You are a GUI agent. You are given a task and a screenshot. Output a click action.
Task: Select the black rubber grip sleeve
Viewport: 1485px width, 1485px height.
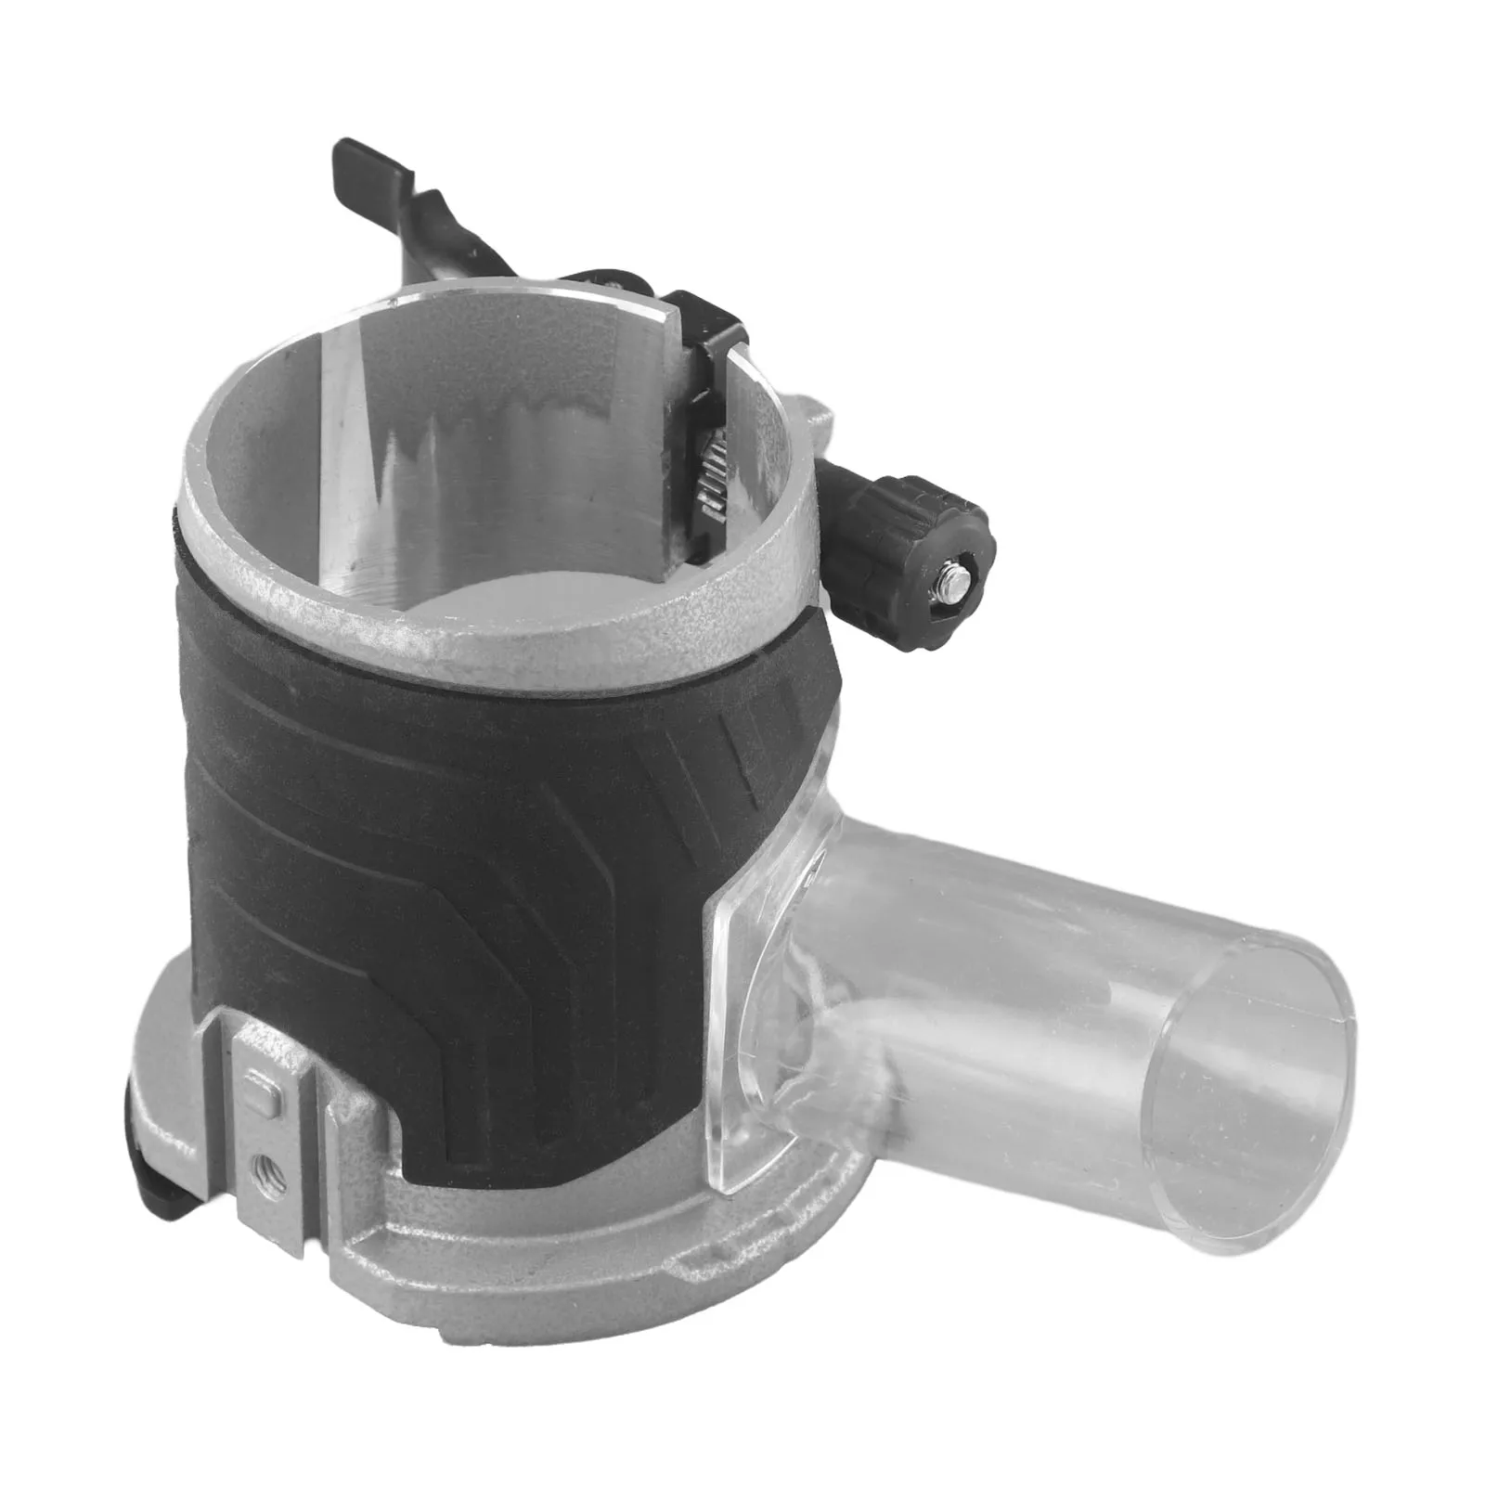(x=464, y=835)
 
